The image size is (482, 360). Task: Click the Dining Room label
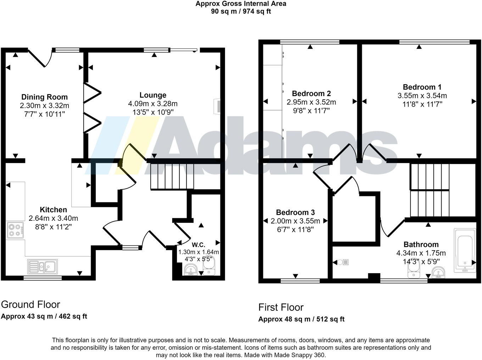click(x=44, y=97)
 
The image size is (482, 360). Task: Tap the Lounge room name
click(x=153, y=95)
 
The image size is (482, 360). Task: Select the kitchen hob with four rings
click(x=15, y=229)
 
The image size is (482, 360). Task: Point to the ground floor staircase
click(x=172, y=176)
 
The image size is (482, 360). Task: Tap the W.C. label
click(x=198, y=245)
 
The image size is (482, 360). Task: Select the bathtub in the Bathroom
click(x=465, y=250)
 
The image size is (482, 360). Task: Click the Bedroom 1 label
click(x=422, y=87)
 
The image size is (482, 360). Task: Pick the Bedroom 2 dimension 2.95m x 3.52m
click(x=311, y=102)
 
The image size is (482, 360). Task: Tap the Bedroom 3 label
click(x=295, y=213)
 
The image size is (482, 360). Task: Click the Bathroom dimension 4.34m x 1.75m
click(x=421, y=253)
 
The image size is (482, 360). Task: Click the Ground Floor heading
click(x=30, y=304)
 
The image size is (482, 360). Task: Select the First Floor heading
click(x=281, y=307)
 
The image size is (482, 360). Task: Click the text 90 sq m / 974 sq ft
click(x=241, y=11)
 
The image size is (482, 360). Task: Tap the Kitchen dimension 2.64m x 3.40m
click(x=53, y=218)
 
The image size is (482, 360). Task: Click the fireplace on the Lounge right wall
click(x=217, y=106)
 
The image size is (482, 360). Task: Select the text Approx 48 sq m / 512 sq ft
click(x=301, y=319)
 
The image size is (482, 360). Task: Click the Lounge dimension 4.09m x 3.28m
click(x=153, y=104)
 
